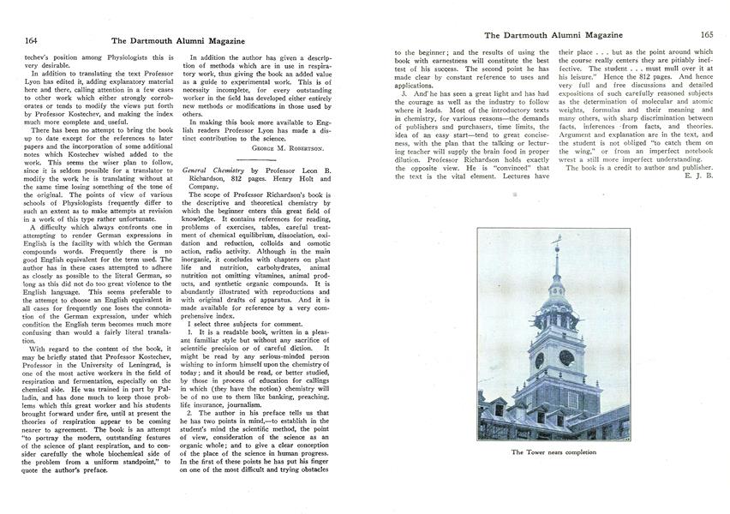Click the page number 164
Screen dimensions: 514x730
click(31, 39)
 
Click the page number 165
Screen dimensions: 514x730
click(707, 35)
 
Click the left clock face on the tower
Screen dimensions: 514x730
click(540, 359)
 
